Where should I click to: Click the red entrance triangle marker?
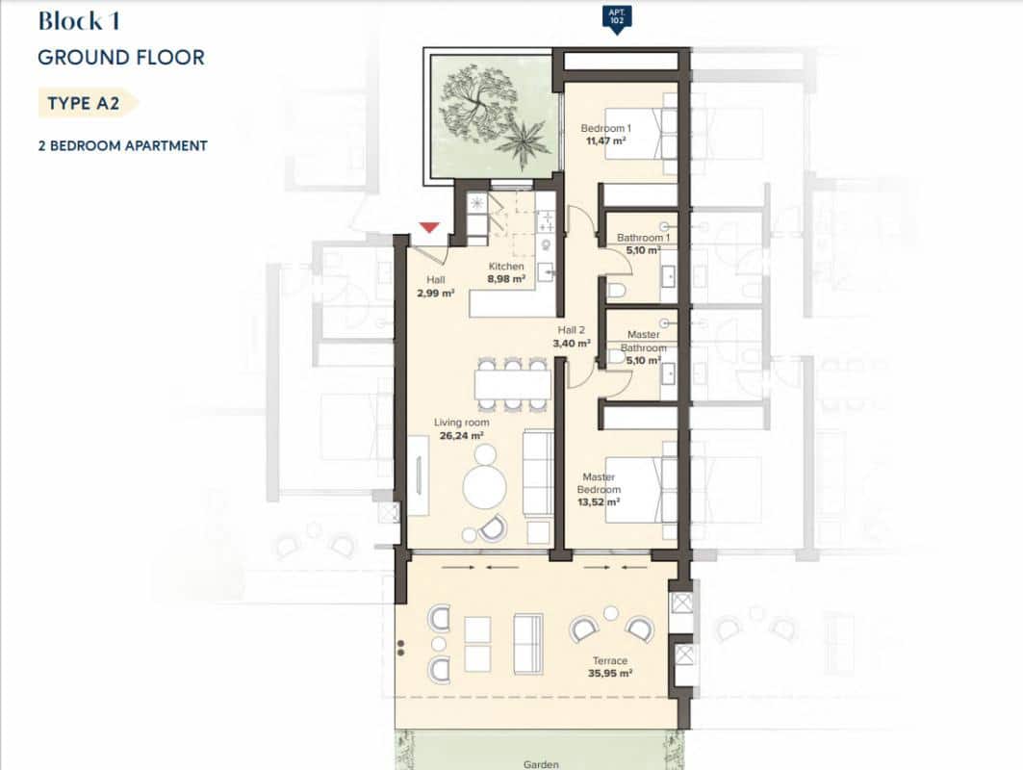click(429, 227)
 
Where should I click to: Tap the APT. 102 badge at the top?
click(616, 17)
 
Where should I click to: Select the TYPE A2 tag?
click(85, 104)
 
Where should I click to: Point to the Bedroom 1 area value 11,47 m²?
click(604, 141)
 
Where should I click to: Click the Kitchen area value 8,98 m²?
click(506, 279)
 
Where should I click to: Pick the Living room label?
click(462, 423)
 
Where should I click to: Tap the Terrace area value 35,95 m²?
click(610, 674)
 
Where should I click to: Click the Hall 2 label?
click(572, 329)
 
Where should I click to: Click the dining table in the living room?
click(512, 385)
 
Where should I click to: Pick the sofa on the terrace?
click(525, 643)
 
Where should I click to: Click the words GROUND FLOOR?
click(121, 58)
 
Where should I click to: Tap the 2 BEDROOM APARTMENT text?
click(122, 146)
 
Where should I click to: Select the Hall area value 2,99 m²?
click(436, 294)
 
